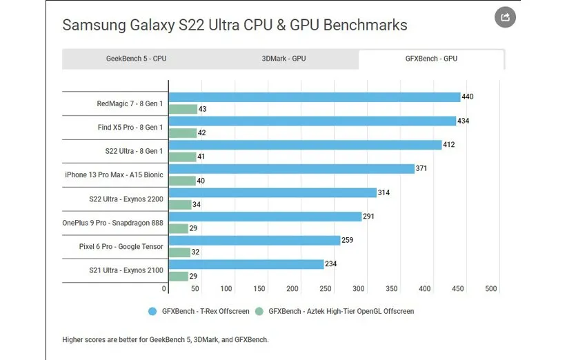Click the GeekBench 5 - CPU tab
(136, 59)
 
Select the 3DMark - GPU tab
(283, 59)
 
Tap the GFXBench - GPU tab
(431, 59)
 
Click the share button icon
(506, 17)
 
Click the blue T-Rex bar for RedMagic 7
(315, 97)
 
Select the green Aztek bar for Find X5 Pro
(182, 132)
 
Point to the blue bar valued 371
(291, 169)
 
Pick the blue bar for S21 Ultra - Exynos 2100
(246, 264)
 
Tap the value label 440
(468, 97)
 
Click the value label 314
(384, 192)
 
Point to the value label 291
(369, 217)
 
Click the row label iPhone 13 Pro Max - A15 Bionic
(114, 174)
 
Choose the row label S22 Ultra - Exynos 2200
(121, 199)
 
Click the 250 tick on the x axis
(326, 289)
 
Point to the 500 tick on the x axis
(491, 289)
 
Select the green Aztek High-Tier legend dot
(259, 312)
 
